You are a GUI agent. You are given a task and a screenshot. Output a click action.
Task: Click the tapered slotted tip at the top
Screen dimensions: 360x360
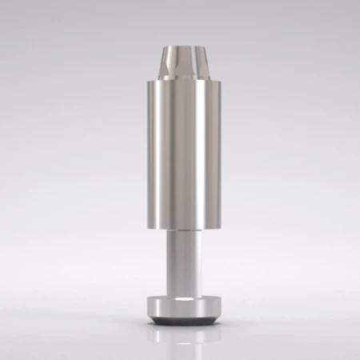click(180, 61)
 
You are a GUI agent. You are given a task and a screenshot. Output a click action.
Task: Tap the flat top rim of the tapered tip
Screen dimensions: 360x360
click(180, 47)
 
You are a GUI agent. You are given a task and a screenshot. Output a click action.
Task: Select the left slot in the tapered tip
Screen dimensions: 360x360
click(166, 62)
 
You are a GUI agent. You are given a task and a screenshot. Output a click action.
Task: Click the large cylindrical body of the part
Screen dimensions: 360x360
click(180, 152)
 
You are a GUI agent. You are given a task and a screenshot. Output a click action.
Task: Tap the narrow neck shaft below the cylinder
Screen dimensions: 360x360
click(180, 260)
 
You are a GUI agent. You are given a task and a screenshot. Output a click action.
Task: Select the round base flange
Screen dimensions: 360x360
click(180, 306)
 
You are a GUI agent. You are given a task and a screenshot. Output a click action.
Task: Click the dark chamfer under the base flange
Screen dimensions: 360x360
click(180, 322)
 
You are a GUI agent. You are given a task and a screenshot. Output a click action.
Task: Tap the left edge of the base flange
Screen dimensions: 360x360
click(146, 306)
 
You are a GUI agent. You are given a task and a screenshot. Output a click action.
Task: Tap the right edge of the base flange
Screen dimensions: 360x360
click(214, 306)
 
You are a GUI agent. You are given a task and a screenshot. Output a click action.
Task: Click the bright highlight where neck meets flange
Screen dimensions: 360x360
click(180, 295)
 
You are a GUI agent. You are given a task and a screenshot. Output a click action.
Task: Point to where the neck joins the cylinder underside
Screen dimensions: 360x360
click(180, 233)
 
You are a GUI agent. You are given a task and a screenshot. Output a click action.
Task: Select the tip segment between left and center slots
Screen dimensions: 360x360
click(174, 62)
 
